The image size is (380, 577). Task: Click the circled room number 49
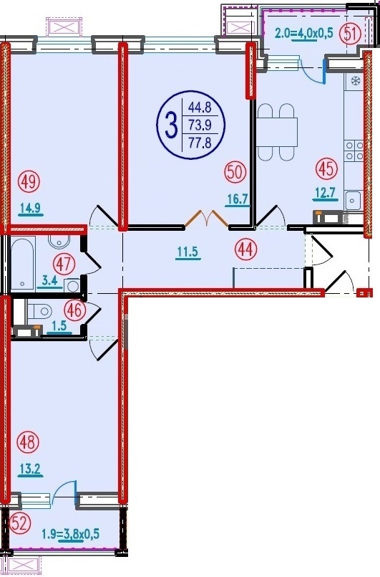[x=29, y=181]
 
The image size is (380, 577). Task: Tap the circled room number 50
[x=235, y=173]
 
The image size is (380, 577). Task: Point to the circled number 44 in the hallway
[x=246, y=250]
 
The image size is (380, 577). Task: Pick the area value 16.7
[x=237, y=200]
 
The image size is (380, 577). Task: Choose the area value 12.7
[x=325, y=194]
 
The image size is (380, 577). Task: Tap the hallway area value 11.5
[x=187, y=252]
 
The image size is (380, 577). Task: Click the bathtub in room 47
[x=23, y=263]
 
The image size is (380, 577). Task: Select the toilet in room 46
[x=40, y=312]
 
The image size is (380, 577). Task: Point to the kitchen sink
[x=354, y=201]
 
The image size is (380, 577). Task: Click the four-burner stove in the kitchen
[x=354, y=151]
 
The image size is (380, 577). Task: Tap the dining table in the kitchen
[x=277, y=132]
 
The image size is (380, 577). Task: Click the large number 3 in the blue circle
[x=170, y=125]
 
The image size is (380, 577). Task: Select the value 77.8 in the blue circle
[x=200, y=142]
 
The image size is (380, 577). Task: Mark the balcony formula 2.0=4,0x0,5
[x=304, y=34]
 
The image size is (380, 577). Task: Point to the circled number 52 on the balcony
[x=19, y=523]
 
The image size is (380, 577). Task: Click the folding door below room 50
[x=207, y=218]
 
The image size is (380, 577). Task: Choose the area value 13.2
[x=31, y=470]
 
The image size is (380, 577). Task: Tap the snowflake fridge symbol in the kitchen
[x=355, y=80]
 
